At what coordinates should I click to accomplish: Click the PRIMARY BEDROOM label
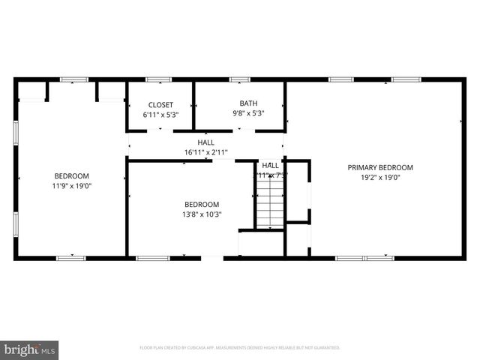[x=380, y=167]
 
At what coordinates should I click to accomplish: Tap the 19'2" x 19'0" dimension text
[x=380, y=178]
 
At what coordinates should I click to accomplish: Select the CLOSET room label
[x=160, y=105]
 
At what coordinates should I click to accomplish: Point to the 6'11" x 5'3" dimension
[x=160, y=115]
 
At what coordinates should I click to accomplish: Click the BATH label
[x=247, y=103]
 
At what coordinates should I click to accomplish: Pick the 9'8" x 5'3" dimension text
[x=247, y=114]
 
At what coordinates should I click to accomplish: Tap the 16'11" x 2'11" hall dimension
[x=205, y=152]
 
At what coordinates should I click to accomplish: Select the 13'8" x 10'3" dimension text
[x=202, y=214]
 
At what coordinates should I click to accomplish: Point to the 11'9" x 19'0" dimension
[x=72, y=185]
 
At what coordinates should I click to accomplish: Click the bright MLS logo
[x=30, y=349]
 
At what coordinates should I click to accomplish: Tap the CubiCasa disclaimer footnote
[x=240, y=348]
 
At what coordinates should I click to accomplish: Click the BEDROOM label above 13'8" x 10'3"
[x=202, y=204]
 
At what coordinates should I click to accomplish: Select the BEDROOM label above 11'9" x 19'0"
[x=72, y=175]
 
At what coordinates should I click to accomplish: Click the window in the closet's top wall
[x=159, y=79]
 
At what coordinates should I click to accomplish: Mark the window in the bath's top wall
[x=239, y=79]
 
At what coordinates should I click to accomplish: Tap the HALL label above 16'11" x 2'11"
[x=205, y=142]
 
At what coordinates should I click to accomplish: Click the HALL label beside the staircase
[x=271, y=166]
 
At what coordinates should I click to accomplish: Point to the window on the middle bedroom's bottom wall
[x=152, y=259]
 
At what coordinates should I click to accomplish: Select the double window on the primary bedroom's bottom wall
[x=364, y=259]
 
